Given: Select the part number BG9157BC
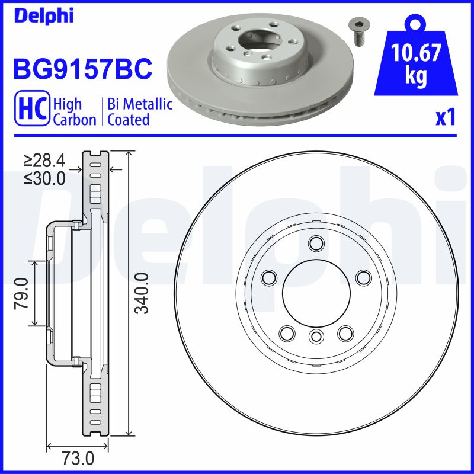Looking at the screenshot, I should click(x=83, y=69).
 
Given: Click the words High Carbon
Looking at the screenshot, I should click(x=75, y=112).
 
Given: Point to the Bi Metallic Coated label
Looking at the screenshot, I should click(x=140, y=112).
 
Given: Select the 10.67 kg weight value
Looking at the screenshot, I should click(x=417, y=64).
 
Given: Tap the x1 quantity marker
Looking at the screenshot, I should click(x=446, y=118).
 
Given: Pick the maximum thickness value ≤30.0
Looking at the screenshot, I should click(x=44, y=178).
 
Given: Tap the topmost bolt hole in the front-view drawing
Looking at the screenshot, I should click(x=316, y=242).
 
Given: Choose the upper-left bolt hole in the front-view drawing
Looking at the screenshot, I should click(x=270, y=276).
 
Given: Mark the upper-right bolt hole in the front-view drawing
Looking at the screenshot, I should click(x=362, y=276).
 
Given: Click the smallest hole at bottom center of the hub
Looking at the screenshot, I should click(x=316, y=337).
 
